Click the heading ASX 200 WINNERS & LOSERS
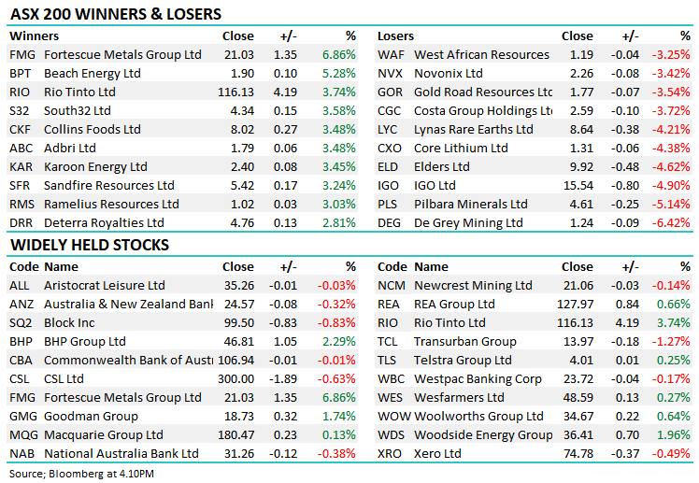point(116,14)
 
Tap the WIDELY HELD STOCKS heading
point(90,245)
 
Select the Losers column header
point(395,36)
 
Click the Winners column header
point(34,36)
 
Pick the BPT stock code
point(20,73)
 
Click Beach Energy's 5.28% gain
point(338,73)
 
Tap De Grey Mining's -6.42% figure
point(673,222)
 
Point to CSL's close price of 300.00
point(235,378)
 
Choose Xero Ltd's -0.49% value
point(673,453)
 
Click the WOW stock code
point(393,416)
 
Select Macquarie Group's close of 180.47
point(235,434)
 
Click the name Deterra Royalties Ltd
point(104,222)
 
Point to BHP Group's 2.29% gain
point(338,341)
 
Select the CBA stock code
point(21,360)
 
